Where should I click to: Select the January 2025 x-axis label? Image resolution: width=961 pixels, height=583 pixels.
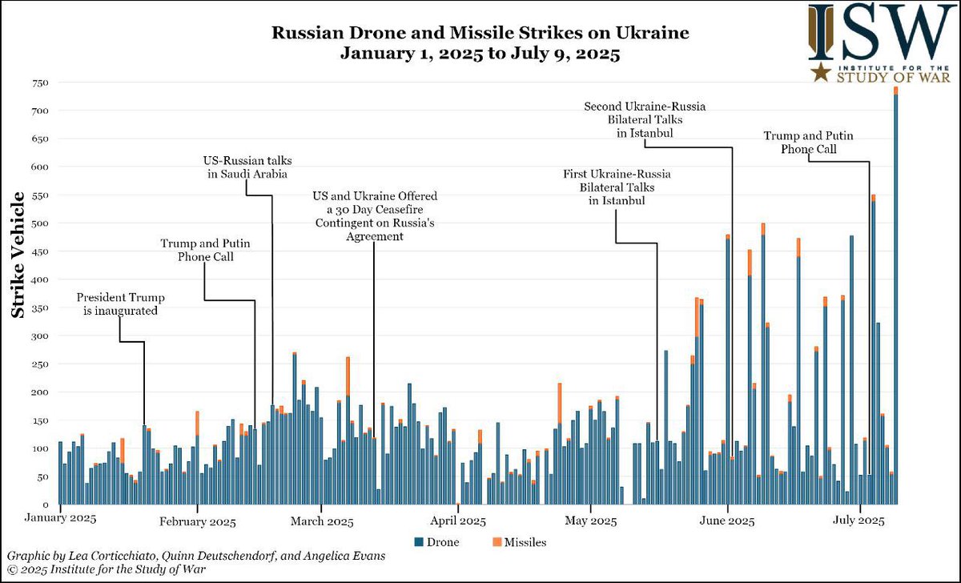pos(62,519)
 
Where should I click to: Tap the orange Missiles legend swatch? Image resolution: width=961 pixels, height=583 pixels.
pos(497,542)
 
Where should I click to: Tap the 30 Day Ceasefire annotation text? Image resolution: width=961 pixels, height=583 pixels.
pos(376,216)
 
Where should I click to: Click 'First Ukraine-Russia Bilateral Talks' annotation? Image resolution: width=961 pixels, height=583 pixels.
pos(617,187)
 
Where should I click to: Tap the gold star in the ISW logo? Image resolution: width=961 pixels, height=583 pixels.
pos(818,74)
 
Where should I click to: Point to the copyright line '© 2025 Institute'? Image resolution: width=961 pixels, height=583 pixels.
pos(104,569)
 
